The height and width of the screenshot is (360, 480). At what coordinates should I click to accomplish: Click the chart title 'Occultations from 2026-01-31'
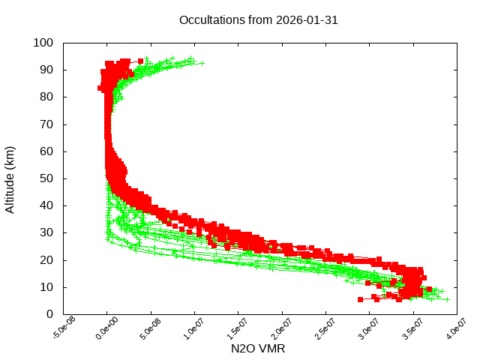258,20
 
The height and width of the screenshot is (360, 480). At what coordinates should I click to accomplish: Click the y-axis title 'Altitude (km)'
10,178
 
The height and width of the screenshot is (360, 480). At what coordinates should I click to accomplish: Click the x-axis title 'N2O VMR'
258,349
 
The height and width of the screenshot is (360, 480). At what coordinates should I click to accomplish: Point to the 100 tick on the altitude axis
43,43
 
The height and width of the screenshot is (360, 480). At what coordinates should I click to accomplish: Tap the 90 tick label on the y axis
46,70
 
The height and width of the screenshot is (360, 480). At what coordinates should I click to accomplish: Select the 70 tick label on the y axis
46,124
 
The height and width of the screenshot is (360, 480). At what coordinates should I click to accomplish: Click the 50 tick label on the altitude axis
46,178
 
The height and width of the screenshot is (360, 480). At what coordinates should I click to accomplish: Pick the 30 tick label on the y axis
46,232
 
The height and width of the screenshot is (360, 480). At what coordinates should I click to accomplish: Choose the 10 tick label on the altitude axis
46,287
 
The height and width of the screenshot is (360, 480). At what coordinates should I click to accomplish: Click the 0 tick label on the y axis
49,314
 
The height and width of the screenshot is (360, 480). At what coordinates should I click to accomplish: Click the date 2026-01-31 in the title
307,20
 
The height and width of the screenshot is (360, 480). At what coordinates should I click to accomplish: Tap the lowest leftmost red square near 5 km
361,299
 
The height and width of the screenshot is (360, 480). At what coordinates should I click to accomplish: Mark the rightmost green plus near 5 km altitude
448,299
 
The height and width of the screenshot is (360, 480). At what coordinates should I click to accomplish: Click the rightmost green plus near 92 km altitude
202,63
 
